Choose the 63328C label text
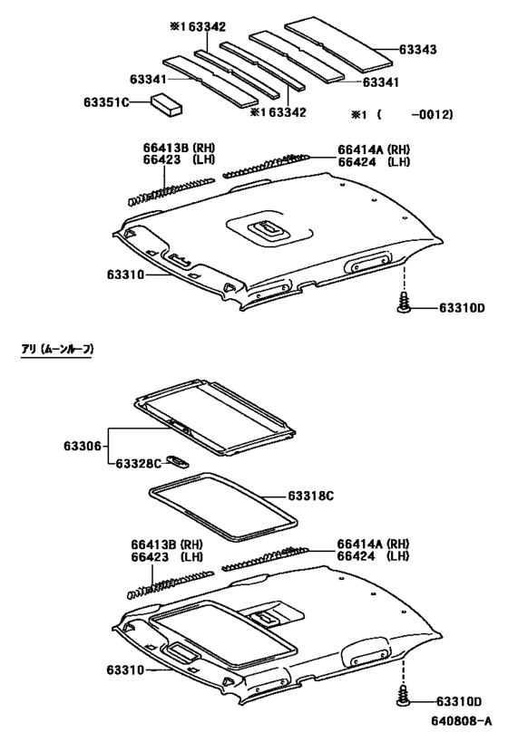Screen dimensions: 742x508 tap(138, 463)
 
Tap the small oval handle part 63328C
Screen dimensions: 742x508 tap(180, 461)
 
